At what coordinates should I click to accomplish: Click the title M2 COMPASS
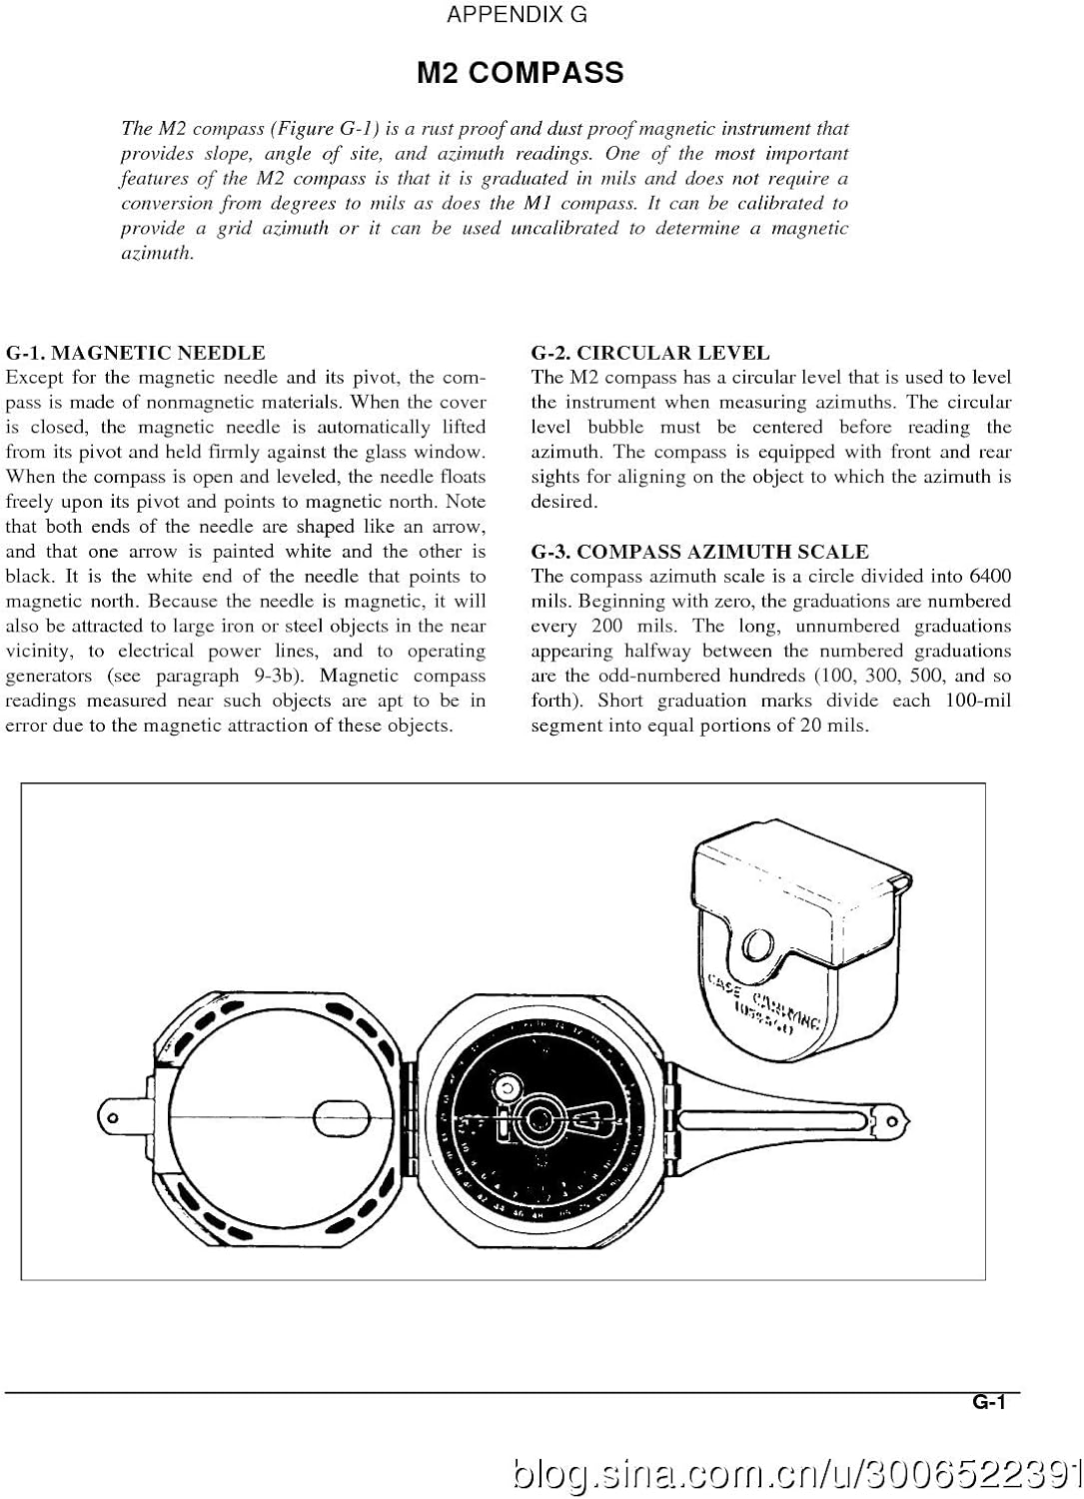pyautogui.click(x=520, y=73)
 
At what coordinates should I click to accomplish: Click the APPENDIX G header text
pyautogui.click(x=517, y=15)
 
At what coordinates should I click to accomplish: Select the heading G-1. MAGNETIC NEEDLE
pyautogui.click(x=135, y=353)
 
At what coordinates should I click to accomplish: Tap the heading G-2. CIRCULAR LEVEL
pyautogui.click(x=649, y=353)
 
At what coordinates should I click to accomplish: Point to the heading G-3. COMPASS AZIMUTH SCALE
pyautogui.click(x=699, y=552)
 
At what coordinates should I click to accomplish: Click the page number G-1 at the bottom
pyautogui.click(x=988, y=1402)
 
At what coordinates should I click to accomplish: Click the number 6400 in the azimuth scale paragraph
pyautogui.click(x=989, y=577)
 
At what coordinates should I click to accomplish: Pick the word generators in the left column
pyautogui.click(x=48, y=677)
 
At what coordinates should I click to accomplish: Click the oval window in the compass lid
pyautogui.click(x=343, y=1116)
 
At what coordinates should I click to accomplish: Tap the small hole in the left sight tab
pyautogui.click(x=112, y=1116)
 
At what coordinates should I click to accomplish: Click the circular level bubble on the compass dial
pyautogui.click(x=506, y=1085)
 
